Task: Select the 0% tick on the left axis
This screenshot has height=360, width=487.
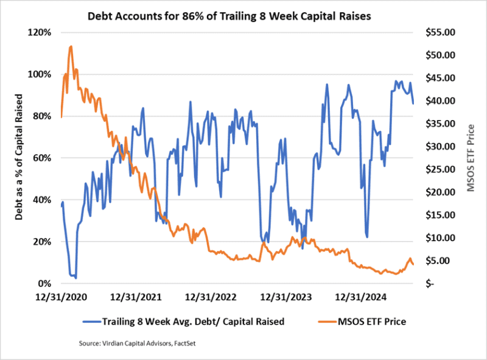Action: coord(46,284)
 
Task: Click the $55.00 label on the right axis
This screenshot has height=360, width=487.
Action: coord(438,32)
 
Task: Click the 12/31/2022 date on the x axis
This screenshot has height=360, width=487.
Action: coord(209,298)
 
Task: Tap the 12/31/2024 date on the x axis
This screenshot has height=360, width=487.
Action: coord(359,298)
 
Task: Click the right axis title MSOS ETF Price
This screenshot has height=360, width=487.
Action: coord(470,158)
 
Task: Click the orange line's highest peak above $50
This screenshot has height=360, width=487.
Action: coord(71,46)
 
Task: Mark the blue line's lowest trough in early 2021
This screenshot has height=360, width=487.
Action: coord(75,278)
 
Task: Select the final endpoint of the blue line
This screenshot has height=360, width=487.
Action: coord(413,104)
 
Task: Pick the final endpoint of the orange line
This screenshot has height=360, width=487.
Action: coord(413,264)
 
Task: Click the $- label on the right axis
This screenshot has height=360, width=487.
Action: coord(430,284)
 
